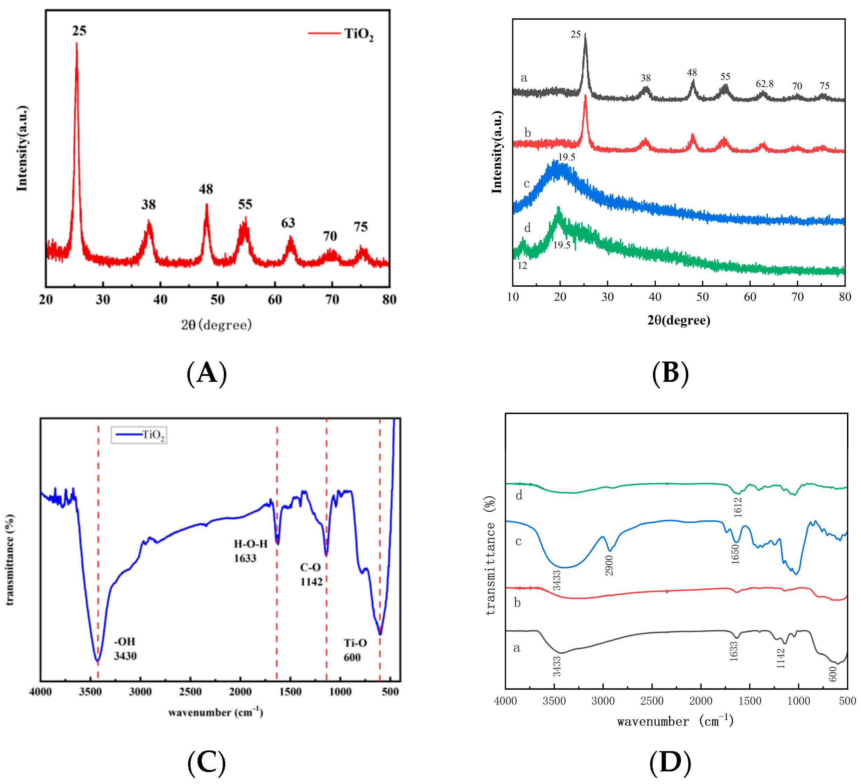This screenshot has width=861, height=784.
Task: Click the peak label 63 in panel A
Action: tap(288, 223)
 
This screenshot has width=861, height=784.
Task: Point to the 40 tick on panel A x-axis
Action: tap(160, 300)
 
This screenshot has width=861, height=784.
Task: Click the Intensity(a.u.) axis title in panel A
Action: tap(22, 148)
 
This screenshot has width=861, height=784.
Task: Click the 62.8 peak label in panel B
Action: tap(764, 84)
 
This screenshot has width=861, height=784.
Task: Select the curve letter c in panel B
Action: tap(526, 183)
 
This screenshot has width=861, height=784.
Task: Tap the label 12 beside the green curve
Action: tap(522, 265)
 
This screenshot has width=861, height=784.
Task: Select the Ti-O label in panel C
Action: tap(355, 643)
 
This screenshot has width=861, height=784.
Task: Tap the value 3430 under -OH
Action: tap(125, 656)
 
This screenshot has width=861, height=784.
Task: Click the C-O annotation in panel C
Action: tap(310, 567)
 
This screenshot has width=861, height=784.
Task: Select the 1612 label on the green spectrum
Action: tap(738, 507)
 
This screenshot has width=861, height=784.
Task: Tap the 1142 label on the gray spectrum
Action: tap(781, 658)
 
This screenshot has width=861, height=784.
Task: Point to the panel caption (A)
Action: tap(207, 373)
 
